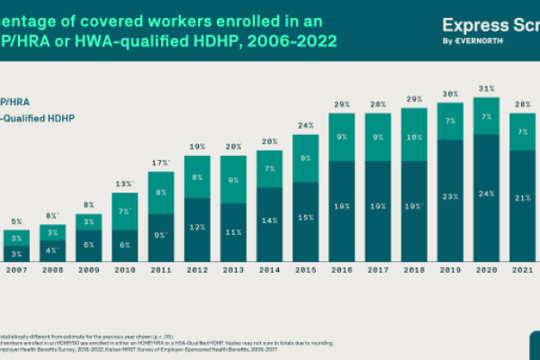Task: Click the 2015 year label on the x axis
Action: pyautogui.click(x=305, y=268)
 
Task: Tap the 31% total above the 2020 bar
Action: pyautogui.click(x=487, y=88)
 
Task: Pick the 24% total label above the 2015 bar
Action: pyautogui.click(x=305, y=125)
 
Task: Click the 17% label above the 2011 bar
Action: pyautogui.click(x=160, y=163)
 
